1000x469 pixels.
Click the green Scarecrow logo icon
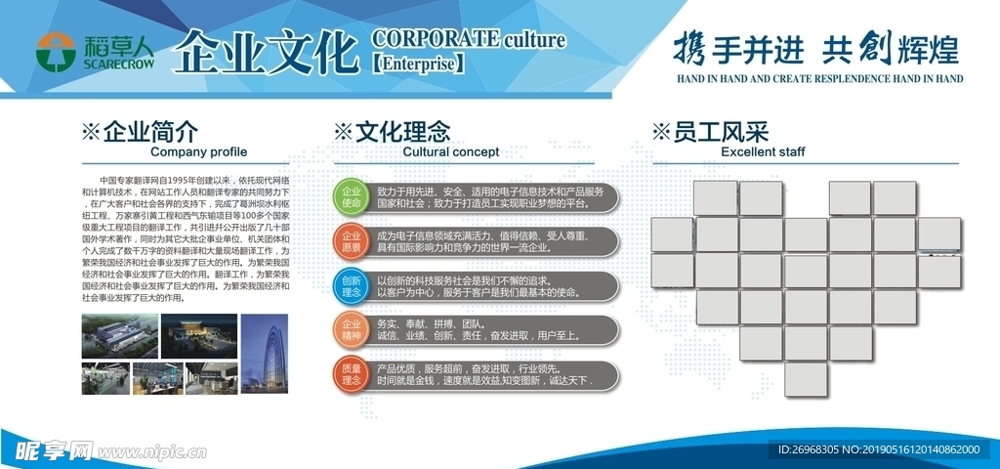point(55,52)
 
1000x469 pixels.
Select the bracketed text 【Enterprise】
point(419,64)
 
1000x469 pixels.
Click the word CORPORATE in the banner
point(435,39)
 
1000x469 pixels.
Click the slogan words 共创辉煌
point(890,47)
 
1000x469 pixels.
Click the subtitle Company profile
point(198,152)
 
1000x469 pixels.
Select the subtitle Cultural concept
point(450,152)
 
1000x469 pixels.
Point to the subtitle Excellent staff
point(763,152)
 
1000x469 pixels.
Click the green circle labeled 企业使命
point(352,196)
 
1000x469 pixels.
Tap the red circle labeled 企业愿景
point(352,241)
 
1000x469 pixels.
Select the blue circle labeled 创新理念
point(352,286)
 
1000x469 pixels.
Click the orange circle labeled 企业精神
point(352,329)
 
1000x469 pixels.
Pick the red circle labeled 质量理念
point(352,375)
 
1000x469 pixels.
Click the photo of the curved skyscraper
point(265,353)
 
